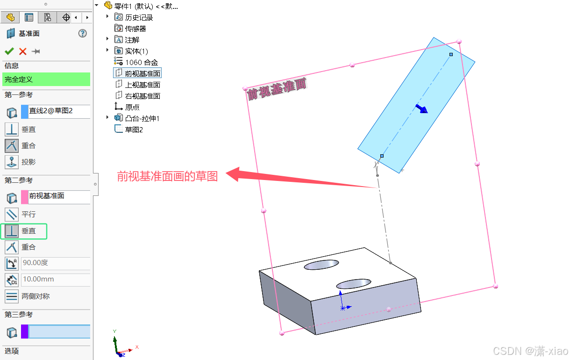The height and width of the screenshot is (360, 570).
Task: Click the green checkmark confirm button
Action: tap(9, 51)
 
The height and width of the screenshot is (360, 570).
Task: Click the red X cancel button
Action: tap(22, 51)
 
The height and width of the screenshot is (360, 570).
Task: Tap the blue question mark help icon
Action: tap(83, 33)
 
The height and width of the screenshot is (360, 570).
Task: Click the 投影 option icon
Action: tap(12, 162)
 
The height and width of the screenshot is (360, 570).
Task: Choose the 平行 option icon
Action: tap(12, 214)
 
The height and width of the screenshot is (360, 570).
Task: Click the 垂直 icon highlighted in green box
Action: tap(12, 230)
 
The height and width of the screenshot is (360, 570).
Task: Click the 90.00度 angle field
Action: tap(55, 263)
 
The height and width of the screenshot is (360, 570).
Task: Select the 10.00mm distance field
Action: tap(55, 279)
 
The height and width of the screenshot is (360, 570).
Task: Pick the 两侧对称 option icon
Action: tap(12, 296)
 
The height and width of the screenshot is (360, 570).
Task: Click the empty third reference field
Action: tap(59, 331)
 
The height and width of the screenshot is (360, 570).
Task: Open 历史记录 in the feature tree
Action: tap(139, 17)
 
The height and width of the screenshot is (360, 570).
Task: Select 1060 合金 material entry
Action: tap(141, 62)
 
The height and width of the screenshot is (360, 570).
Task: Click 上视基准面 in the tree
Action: tap(142, 85)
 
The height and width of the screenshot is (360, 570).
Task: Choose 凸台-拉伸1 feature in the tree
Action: tap(142, 118)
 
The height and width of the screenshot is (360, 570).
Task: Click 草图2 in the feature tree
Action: tap(134, 130)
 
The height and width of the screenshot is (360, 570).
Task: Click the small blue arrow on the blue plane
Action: tap(422, 109)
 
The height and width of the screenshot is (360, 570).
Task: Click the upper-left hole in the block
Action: tap(321, 265)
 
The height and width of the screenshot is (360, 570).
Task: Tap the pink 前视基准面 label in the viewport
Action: tap(277, 89)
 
